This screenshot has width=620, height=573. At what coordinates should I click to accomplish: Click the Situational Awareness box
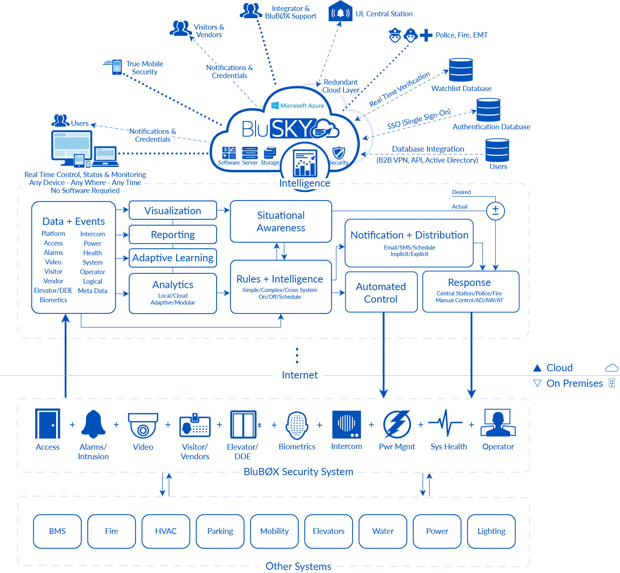point(281,221)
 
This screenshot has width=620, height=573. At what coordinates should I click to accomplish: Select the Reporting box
point(173,235)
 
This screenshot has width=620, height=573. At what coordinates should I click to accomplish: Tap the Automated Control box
point(381,292)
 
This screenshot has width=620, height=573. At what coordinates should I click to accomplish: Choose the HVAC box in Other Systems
point(166,531)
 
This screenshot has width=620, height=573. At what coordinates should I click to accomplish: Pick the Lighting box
point(491,531)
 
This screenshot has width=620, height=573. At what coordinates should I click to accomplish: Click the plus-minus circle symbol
point(495,211)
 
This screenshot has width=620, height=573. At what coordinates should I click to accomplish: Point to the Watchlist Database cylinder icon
point(461,70)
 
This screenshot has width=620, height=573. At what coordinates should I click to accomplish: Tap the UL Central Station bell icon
point(340,13)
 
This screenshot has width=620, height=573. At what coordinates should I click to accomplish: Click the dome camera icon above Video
point(143,425)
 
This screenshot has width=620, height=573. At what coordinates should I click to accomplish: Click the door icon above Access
point(48,424)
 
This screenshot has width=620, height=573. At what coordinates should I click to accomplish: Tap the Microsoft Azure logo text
point(298,106)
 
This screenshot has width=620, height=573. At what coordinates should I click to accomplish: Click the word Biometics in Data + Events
point(53,300)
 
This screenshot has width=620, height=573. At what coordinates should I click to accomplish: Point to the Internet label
point(300,375)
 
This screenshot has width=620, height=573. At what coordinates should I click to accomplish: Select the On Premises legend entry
point(574,383)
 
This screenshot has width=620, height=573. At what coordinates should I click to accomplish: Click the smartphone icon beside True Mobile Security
point(117,67)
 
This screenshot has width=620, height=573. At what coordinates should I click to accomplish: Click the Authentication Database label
point(491,127)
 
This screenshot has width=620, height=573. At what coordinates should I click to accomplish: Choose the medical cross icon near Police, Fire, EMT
point(426,35)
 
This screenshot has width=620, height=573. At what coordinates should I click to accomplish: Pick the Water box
point(383,531)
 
